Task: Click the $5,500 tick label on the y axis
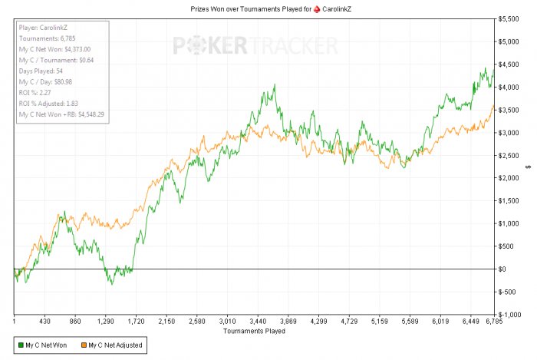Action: (508, 19)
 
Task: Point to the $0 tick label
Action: (502, 269)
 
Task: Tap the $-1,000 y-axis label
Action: (509, 315)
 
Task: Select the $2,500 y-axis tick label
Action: (508, 156)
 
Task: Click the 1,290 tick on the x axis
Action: (106, 322)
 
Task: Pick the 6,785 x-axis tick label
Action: (494, 322)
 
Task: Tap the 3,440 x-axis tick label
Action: (258, 322)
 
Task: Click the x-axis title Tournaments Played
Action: (254, 331)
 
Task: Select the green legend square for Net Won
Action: (21, 345)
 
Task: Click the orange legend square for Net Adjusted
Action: (84, 345)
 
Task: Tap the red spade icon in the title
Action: (317, 9)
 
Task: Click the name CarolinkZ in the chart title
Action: (337, 9)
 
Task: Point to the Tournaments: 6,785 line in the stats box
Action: (48, 38)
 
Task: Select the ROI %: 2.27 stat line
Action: (35, 92)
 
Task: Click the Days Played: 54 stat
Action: (41, 71)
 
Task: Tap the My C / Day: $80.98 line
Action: (45, 82)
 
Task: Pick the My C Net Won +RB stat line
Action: (61, 114)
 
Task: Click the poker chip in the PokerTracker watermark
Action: (196, 45)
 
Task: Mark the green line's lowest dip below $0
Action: (112, 284)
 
